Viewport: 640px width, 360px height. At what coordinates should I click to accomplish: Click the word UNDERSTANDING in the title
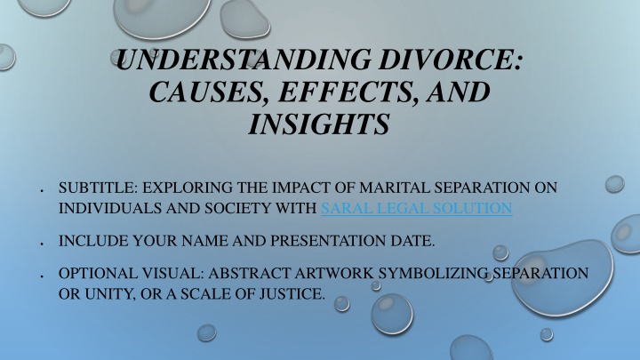click(x=244, y=60)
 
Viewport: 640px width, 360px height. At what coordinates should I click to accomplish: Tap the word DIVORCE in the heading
click(x=450, y=60)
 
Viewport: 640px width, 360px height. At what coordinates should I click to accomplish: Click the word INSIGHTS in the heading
click(x=319, y=124)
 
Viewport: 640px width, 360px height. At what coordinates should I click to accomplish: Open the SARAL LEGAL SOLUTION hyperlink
click(x=416, y=208)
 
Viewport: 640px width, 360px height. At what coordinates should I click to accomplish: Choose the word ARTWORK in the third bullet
click(x=334, y=274)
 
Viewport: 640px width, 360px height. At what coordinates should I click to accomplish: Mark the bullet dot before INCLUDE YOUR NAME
click(x=42, y=244)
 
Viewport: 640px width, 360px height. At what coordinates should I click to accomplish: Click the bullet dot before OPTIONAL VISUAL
click(x=42, y=276)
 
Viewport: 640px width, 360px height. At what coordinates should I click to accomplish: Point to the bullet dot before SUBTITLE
click(x=42, y=190)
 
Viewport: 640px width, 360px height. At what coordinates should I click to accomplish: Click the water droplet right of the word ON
click(x=615, y=184)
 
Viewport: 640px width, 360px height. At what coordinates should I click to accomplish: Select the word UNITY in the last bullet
click(x=109, y=294)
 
